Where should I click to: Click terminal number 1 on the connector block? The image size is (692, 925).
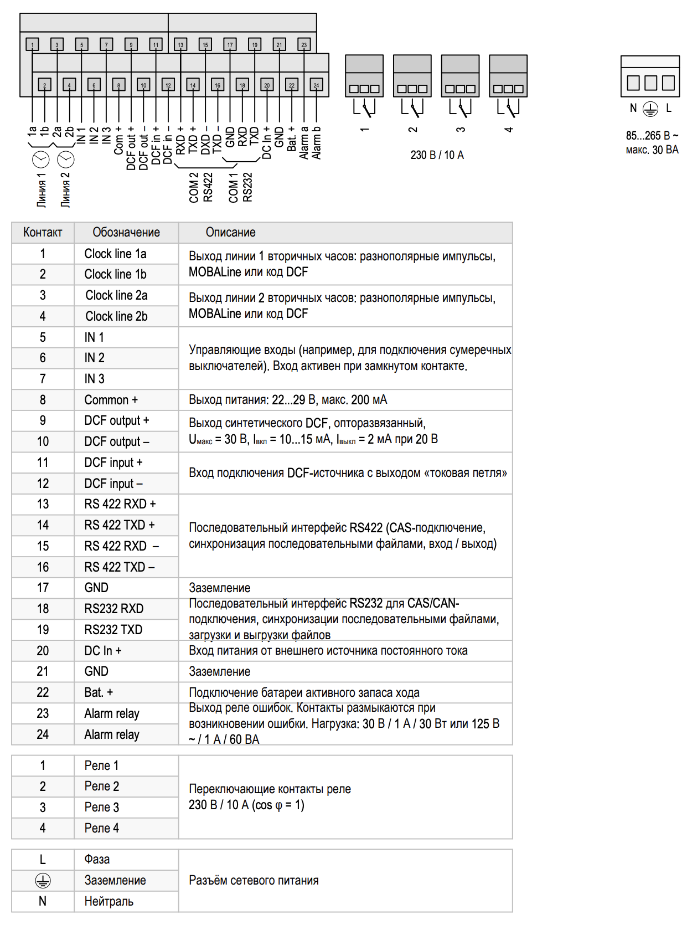(x=32, y=45)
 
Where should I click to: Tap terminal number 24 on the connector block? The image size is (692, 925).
(x=316, y=85)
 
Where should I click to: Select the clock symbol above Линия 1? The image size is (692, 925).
(x=41, y=160)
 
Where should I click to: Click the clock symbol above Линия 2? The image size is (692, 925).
(x=66, y=160)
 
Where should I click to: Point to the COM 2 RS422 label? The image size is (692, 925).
(x=200, y=187)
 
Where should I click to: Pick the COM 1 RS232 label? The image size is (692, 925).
(x=240, y=187)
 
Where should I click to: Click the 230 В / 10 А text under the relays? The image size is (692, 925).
(x=437, y=155)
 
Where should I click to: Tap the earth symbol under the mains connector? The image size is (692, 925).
(x=650, y=109)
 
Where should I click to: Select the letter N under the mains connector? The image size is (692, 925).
(x=633, y=109)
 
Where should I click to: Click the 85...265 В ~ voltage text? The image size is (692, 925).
(x=652, y=136)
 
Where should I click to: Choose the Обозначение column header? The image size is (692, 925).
(x=126, y=233)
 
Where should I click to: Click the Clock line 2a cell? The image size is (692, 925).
(x=116, y=295)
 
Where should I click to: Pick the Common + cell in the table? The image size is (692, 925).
(x=111, y=400)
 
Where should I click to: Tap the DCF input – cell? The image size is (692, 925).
(x=113, y=484)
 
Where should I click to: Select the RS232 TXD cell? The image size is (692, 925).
(x=113, y=630)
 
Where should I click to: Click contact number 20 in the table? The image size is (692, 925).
(x=43, y=651)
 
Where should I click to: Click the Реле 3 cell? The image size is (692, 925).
(x=102, y=807)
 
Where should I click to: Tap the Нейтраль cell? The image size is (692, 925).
(x=109, y=901)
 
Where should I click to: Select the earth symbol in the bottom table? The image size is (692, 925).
(x=43, y=880)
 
